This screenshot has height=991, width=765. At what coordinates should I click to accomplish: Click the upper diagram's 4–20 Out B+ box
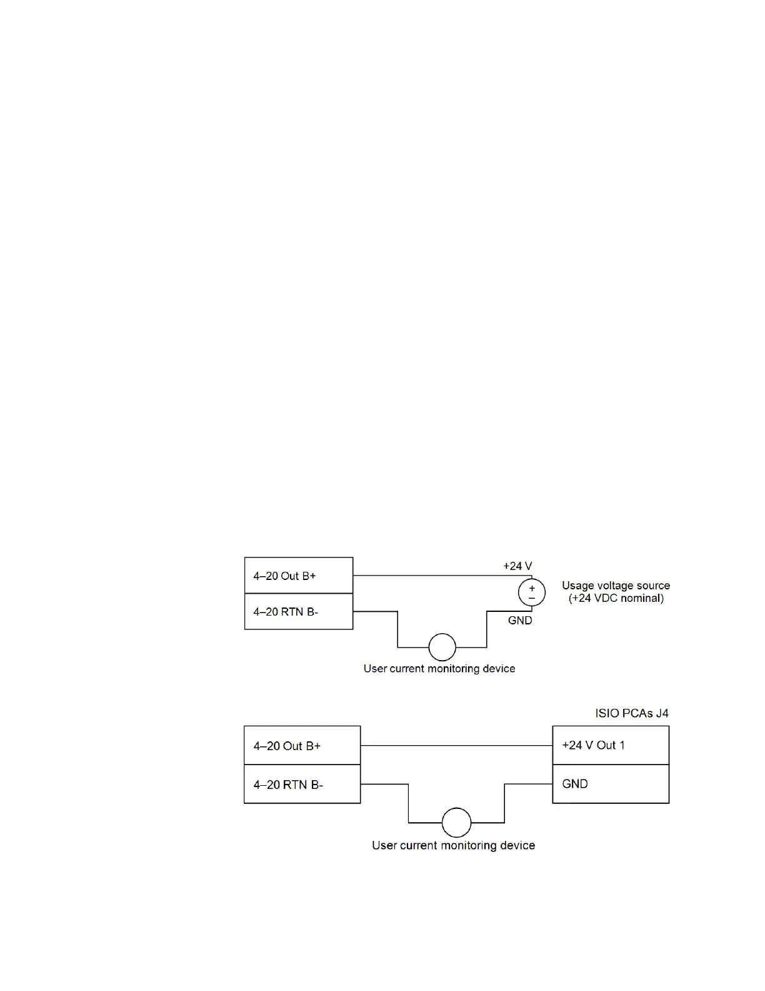pos(299,576)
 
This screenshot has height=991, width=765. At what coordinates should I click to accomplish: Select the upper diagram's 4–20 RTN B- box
pos(299,611)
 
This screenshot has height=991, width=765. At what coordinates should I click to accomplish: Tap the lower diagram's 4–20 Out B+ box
pos(302,745)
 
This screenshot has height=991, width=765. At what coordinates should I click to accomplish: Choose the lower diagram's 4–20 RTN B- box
pos(302,784)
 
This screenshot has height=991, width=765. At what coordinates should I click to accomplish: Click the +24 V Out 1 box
pos(611,745)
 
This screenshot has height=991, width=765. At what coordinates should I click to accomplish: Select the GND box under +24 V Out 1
pos(611,784)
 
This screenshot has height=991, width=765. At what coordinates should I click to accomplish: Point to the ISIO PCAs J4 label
pos(632,713)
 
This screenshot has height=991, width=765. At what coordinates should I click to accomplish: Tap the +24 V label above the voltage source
pos(517,566)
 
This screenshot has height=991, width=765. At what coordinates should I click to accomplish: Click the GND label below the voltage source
pos(520,621)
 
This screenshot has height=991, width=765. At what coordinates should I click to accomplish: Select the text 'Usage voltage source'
pos(616,586)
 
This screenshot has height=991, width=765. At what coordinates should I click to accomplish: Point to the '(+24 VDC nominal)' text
pos(616,598)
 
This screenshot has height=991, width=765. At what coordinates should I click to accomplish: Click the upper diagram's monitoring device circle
pos(442,647)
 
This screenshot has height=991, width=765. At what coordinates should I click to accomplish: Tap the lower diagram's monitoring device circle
pos(456,823)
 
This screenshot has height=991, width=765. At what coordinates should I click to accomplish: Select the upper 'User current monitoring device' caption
pos(439,669)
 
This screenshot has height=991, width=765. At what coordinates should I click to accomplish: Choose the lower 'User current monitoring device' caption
pos(453,845)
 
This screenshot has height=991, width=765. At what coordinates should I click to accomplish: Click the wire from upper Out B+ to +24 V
pos(437,576)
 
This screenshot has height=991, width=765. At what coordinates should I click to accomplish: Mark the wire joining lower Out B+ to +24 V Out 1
pos(456,746)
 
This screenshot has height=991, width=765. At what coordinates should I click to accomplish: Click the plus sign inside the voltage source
pos(532,589)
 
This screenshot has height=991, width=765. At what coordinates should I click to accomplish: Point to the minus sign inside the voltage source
pos(532,598)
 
